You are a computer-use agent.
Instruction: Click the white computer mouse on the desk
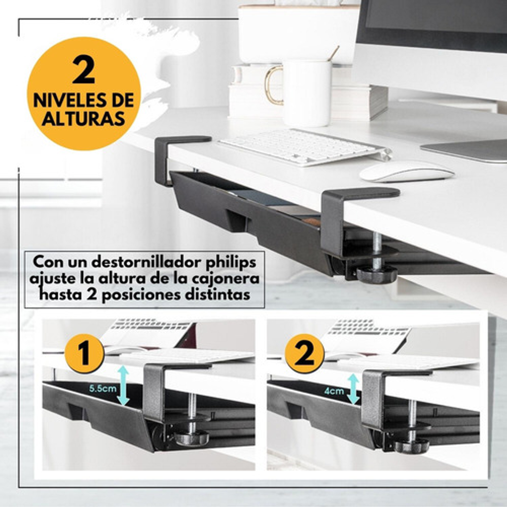(407, 171)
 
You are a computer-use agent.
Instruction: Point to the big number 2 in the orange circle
(84, 70)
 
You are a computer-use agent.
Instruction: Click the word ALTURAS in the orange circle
(84, 119)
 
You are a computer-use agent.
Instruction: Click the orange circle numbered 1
(84, 353)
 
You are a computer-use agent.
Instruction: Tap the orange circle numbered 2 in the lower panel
(304, 353)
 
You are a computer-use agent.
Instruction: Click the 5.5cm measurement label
(103, 388)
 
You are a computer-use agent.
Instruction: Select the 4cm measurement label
(334, 391)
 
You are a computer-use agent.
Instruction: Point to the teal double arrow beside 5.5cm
(123, 385)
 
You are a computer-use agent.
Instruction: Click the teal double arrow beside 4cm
(353, 389)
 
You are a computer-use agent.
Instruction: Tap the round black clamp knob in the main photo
(377, 274)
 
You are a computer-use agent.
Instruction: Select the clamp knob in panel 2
(412, 446)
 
